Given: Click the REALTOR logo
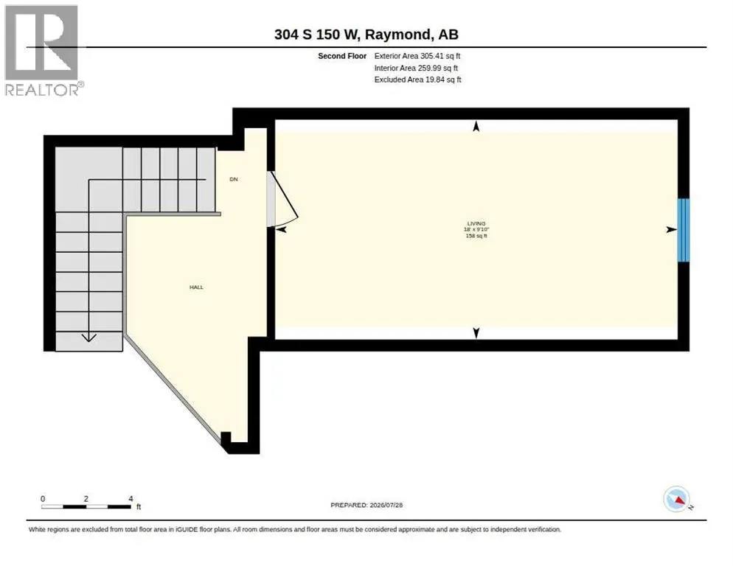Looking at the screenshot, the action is (x=44, y=50).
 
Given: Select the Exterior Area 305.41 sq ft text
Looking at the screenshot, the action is (x=417, y=56).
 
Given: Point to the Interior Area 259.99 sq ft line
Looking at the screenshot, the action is (x=416, y=69).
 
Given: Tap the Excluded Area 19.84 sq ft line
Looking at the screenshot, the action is (x=417, y=80).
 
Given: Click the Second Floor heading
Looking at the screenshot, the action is (x=342, y=56).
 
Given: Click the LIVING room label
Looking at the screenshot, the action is (x=476, y=223).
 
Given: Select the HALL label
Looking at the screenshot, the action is (x=196, y=287).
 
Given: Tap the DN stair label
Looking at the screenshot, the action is (x=234, y=180).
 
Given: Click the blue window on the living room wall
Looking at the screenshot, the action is (x=684, y=230).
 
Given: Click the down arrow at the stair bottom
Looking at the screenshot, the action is (x=88, y=338).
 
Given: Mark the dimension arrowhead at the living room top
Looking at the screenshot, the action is (x=476, y=126).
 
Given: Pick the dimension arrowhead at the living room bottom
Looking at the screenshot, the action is (x=476, y=333).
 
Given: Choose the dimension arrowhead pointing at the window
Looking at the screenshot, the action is (x=671, y=229).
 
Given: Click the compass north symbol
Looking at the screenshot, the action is (x=677, y=499).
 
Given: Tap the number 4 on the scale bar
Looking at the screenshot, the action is (x=131, y=499).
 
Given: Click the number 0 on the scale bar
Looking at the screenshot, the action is (x=43, y=499).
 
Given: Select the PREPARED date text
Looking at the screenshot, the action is (x=366, y=506).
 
